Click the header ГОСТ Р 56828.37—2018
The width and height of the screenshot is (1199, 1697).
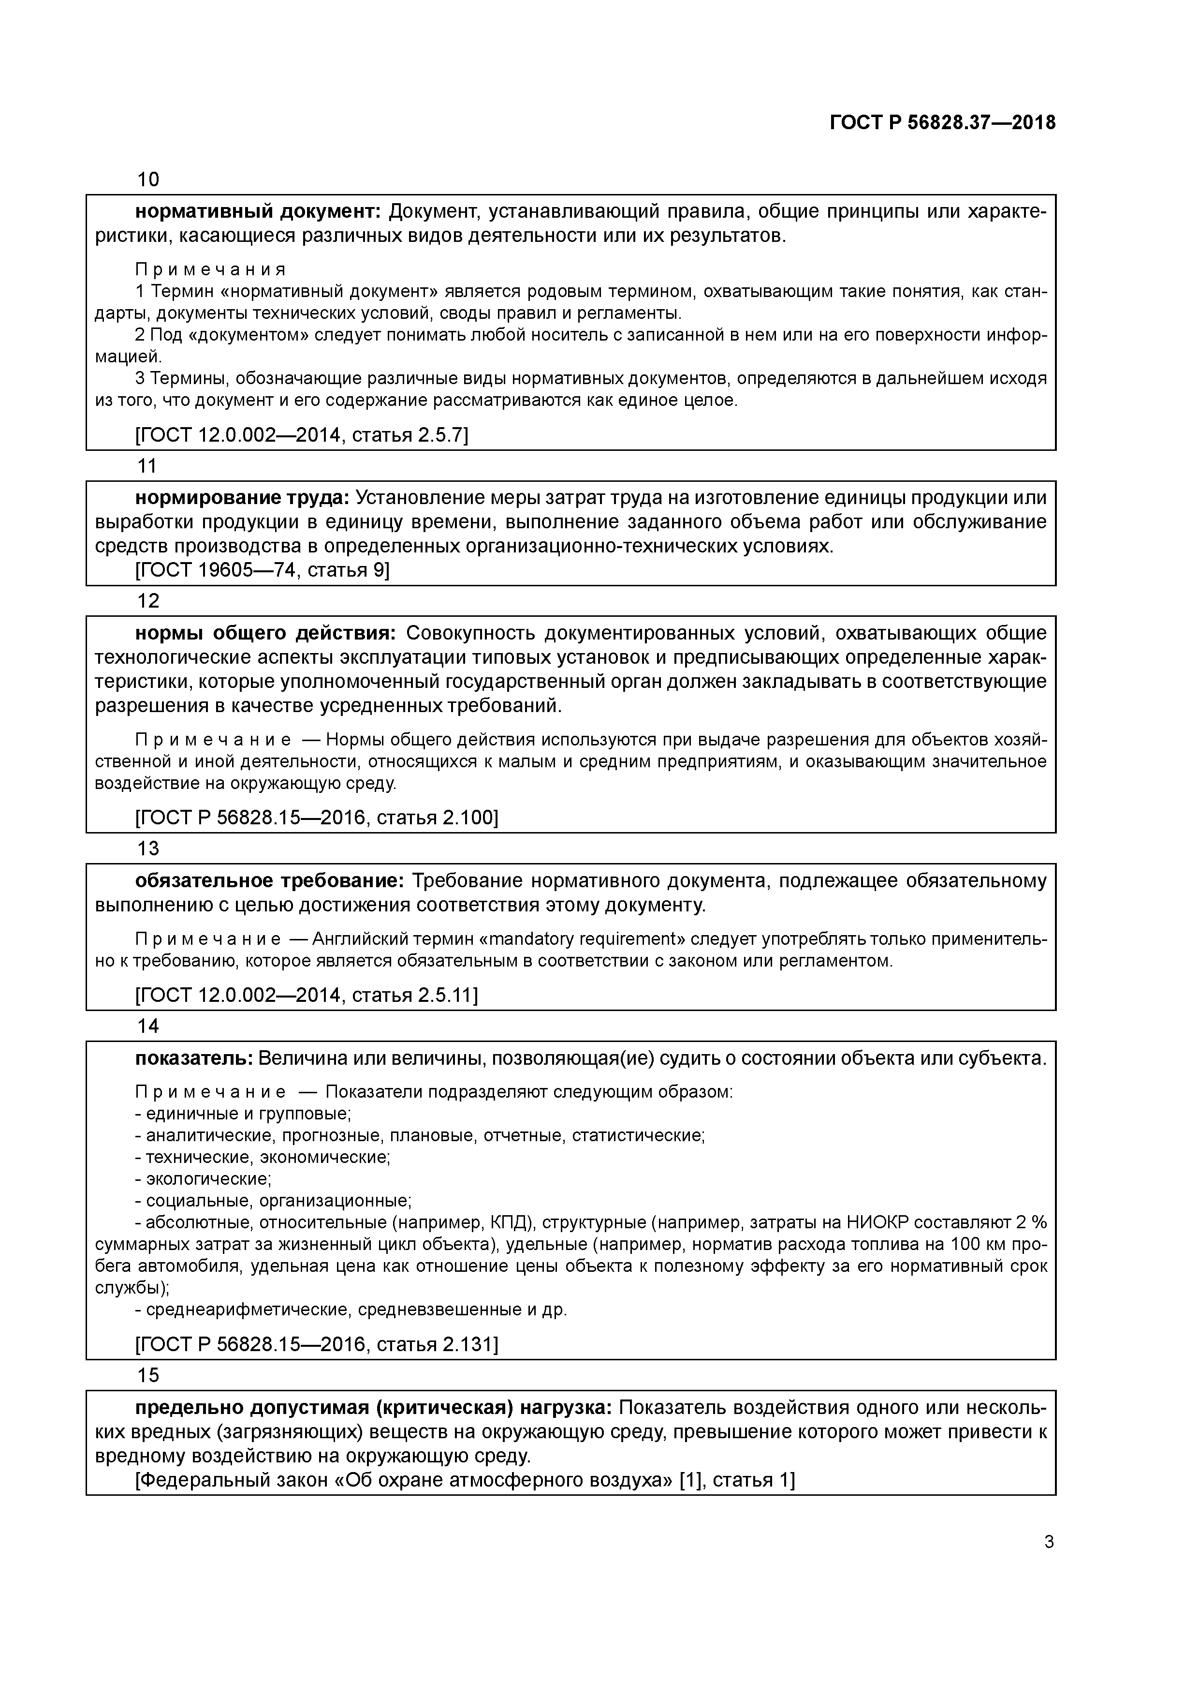tap(942, 123)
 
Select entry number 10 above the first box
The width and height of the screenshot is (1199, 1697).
tap(148, 179)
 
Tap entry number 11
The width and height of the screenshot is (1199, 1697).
tap(148, 466)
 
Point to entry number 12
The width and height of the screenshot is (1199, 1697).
tap(148, 601)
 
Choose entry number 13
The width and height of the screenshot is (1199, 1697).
tap(148, 848)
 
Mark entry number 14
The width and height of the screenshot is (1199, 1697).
tap(148, 1026)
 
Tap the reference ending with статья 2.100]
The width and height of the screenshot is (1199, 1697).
tap(316, 818)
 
